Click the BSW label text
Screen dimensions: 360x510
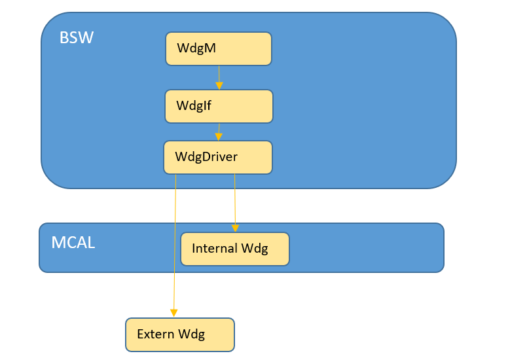(77, 37)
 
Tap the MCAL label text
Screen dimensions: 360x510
(73, 243)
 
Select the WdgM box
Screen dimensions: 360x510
(218, 49)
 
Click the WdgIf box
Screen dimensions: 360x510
(218, 106)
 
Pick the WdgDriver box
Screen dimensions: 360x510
(217, 157)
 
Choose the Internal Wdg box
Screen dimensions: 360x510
(234, 249)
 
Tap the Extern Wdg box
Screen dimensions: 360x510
(179, 334)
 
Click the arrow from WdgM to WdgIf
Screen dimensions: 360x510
(219, 75)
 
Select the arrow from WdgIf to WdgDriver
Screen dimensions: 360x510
(219, 130)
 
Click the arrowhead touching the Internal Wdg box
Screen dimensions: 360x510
(236, 228)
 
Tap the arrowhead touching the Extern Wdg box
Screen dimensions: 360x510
(173, 313)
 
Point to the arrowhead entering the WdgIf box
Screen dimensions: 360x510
(219, 86)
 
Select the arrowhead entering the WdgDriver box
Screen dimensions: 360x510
(219, 137)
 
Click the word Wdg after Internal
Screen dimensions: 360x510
(255, 249)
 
